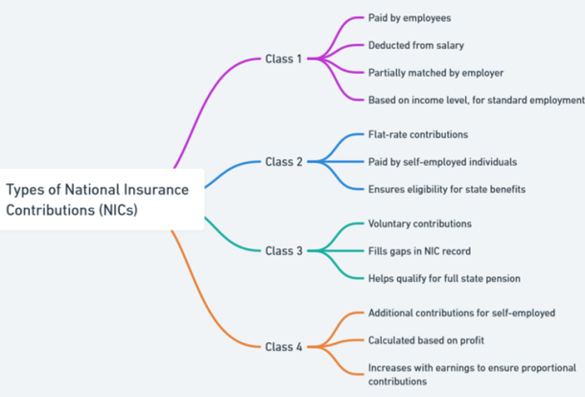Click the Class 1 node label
283,58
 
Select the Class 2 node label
284,162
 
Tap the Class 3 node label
284,251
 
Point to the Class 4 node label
284,347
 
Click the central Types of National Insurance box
102,199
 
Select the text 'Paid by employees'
409,18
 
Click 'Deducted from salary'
416,45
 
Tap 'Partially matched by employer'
435,73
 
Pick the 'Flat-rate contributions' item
418,134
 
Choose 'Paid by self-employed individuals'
442,162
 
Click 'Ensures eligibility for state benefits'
447,190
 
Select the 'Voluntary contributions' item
420,223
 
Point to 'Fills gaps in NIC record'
419,251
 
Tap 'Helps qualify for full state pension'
444,279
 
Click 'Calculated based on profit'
426,340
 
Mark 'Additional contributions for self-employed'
461,313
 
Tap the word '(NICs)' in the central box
118,210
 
